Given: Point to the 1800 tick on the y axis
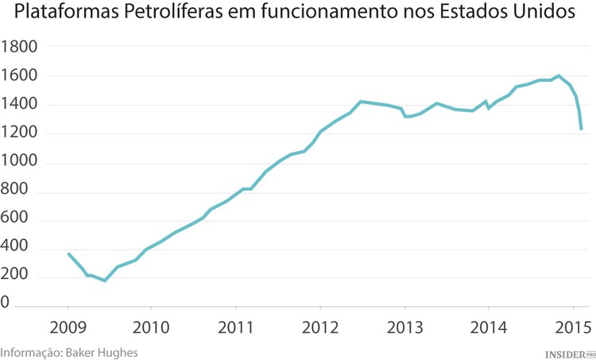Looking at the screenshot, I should coord(20,47).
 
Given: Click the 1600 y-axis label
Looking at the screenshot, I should coord(20,76).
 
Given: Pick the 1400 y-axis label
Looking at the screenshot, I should coord(20,105).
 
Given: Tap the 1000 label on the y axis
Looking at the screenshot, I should coord(20,163).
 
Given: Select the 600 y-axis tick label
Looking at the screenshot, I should coord(16,220).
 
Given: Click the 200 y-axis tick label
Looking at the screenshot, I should coord(16,275).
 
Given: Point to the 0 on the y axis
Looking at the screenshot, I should coord(6,304).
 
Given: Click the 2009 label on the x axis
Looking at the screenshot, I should coord(68,327).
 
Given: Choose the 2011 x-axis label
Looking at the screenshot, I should coord(236,327).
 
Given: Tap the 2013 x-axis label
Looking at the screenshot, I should coord(404,327).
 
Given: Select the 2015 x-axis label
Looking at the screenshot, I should coord(572,327).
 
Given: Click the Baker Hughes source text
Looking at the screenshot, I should coord(103,351).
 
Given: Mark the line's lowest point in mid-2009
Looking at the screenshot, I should coord(105,281).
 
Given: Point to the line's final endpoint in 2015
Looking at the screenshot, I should coord(582,130).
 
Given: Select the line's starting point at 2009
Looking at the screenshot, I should coord(68,254).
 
